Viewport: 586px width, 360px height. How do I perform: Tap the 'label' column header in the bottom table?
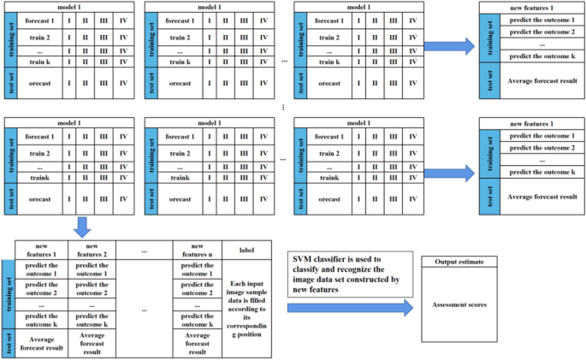[247, 250]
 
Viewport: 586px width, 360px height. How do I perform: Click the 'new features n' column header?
[198, 250]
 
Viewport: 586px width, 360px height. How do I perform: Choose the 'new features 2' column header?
[92, 250]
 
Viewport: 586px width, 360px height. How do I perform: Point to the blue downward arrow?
[82, 228]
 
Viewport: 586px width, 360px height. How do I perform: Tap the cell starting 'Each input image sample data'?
[247, 307]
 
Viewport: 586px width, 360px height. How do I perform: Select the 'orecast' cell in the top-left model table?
[39, 83]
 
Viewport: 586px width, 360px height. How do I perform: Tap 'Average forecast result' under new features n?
[198, 345]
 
